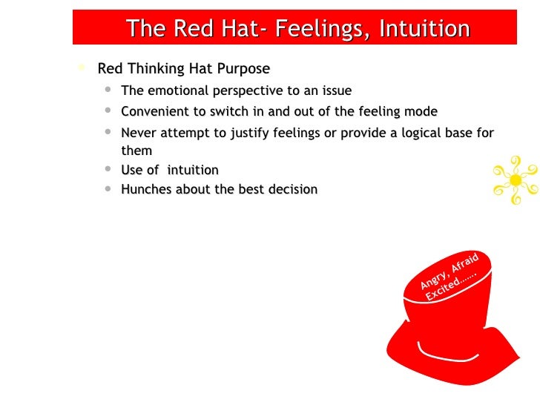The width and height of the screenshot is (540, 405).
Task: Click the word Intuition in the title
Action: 424,29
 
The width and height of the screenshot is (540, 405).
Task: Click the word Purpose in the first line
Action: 245,69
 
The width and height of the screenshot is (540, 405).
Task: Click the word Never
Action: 139,134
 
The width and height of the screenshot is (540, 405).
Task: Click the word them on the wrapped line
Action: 136,151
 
